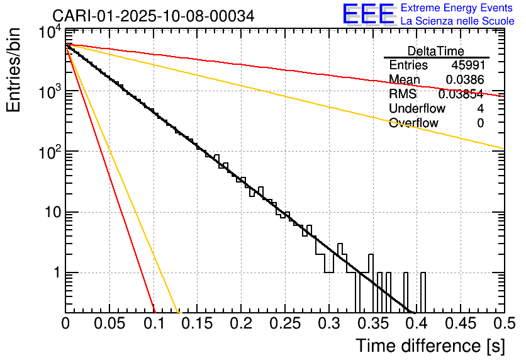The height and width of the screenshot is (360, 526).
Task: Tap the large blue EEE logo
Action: (368, 15)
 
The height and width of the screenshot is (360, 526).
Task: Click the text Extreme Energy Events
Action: (457, 8)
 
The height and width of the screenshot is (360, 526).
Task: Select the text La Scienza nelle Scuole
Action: (457, 21)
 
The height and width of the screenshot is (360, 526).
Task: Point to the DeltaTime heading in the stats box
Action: (436, 51)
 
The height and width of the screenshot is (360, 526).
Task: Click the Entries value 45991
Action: (467, 65)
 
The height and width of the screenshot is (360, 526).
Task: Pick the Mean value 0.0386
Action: (464, 80)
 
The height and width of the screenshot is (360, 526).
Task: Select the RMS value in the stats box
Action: (461, 94)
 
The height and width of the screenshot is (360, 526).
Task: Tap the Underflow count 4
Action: (480, 109)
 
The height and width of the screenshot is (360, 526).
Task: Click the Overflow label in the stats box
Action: (413, 123)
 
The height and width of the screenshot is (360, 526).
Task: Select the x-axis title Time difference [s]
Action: (430, 346)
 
